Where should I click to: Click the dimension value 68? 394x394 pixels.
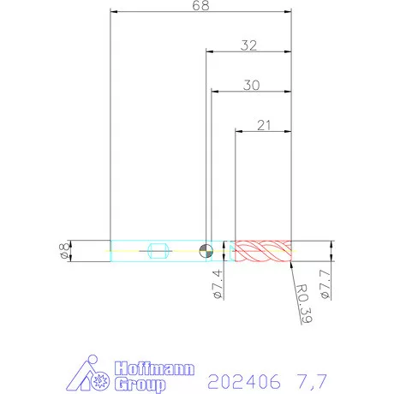click(200, 5)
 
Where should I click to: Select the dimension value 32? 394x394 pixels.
click(248, 45)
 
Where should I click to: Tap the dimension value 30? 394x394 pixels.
click(252, 86)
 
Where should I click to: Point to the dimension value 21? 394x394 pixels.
click(264, 125)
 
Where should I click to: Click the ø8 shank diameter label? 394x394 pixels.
click(64, 251)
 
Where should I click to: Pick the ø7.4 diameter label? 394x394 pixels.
click(218, 284)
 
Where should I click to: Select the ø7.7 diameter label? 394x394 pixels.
click(325, 284)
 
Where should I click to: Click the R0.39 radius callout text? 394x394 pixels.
click(304, 304)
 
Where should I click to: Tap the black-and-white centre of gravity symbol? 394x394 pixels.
click(206, 251)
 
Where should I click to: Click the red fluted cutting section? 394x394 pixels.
click(263, 251)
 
